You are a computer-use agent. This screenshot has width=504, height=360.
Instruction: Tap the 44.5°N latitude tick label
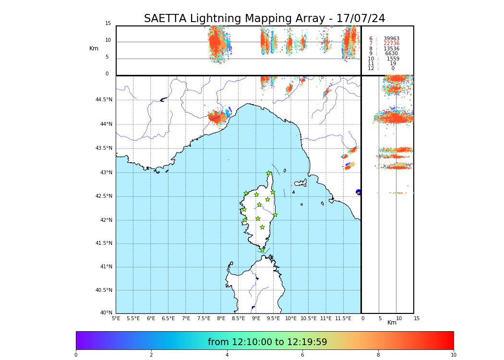103,100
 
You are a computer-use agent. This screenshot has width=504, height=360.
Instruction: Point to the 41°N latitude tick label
106,267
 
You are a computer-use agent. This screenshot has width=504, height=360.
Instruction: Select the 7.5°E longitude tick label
204,318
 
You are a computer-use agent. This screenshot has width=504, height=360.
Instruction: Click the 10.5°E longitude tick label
308,318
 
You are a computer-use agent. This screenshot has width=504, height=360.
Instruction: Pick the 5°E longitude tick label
116,318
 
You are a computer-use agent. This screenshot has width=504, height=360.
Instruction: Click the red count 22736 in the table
391,44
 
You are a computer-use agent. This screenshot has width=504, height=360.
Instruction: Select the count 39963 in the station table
391,39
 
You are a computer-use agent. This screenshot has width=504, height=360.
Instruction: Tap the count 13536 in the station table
391,49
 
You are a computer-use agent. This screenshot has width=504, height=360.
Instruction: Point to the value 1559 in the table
393,59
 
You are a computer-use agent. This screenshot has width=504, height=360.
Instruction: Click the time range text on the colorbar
267,342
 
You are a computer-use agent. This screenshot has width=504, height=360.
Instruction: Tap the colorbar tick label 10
453,355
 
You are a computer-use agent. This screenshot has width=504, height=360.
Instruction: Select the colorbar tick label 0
76,355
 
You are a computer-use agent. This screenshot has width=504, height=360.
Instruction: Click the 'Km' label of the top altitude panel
94,48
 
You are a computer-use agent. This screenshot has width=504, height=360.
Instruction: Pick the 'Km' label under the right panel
392,323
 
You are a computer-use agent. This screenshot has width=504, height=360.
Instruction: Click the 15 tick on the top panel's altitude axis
108,24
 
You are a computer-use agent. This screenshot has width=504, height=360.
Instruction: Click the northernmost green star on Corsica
269,173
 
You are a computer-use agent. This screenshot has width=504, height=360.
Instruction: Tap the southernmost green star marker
262,250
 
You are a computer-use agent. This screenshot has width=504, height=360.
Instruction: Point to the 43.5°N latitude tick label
103,148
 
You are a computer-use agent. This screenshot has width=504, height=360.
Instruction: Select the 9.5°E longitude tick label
273,318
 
